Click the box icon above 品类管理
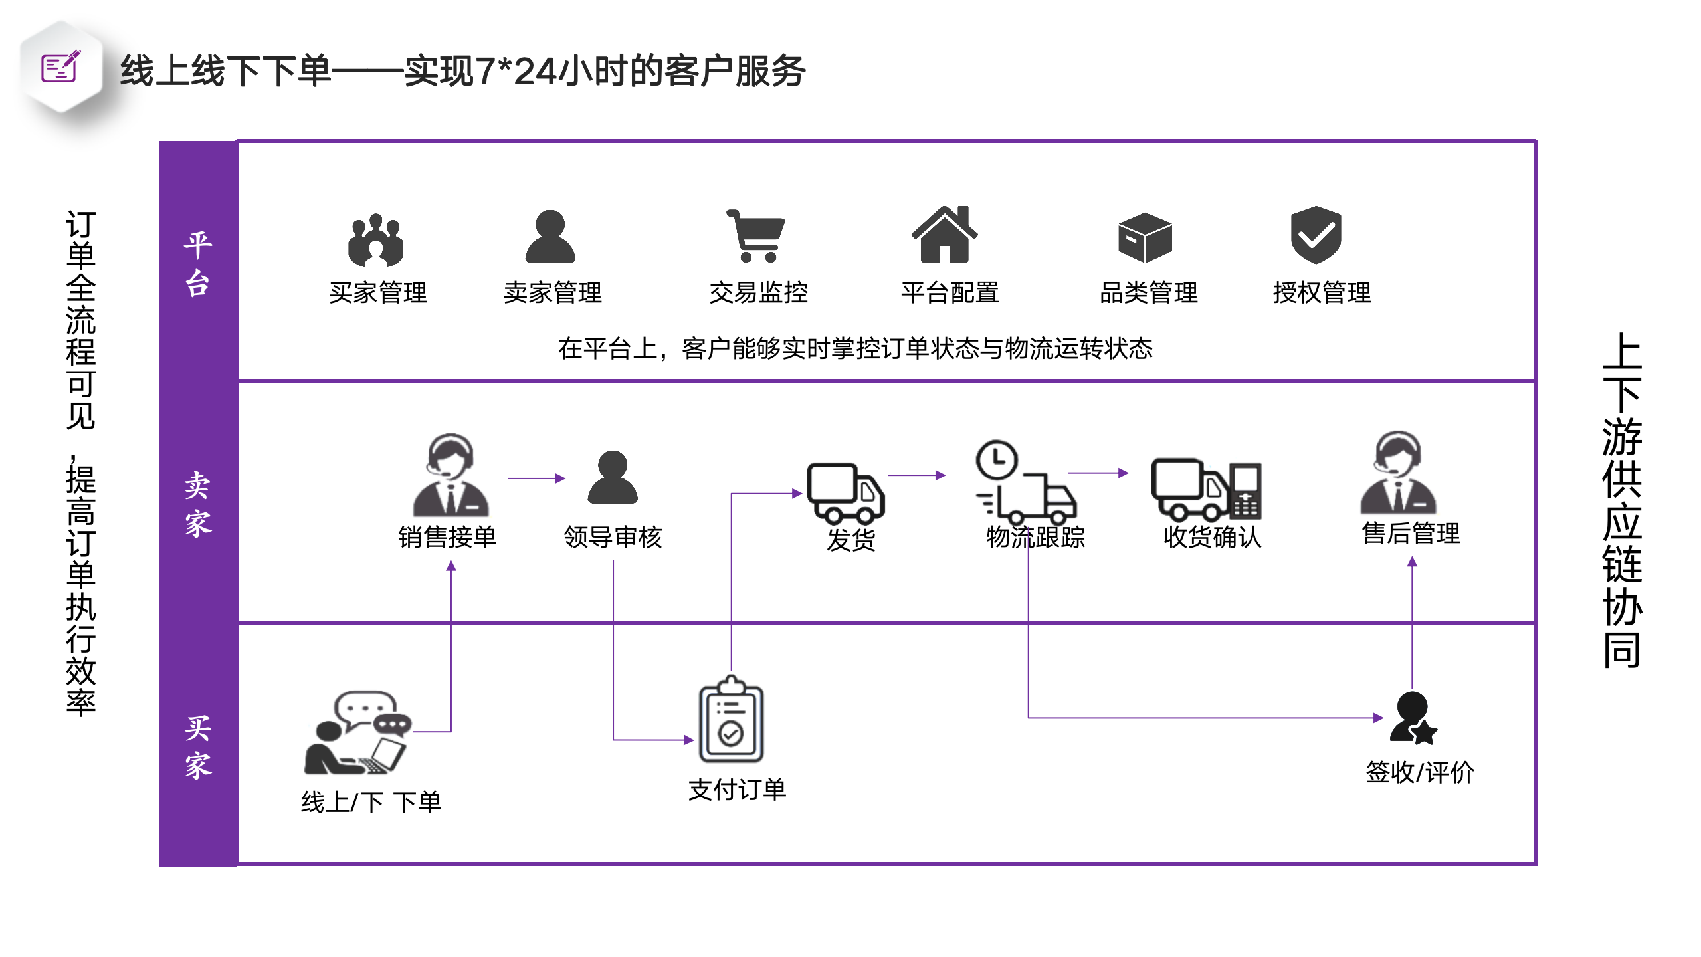(x=1145, y=237)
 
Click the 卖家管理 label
(x=553, y=292)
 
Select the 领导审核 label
(x=613, y=537)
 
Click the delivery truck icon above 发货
(x=845, y=492)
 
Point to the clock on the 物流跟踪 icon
(x=997, y=459)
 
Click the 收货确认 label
(x=1212, y=537)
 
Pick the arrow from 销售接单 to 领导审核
(x=536, y=478)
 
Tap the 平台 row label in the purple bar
(x=198, y=264)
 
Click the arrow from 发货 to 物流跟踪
(x=916, y=475)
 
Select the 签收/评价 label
(x=1420, y=772)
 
